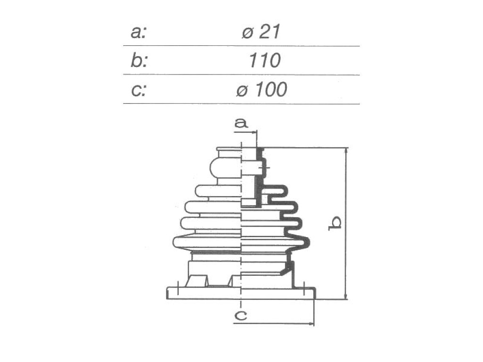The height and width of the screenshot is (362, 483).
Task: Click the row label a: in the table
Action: [x=139, y=32]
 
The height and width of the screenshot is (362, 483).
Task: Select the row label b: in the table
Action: [x=139, y=60]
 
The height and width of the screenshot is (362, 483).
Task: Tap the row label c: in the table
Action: [x=138, y=90]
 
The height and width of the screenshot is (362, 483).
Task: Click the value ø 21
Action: [x=261, y=32]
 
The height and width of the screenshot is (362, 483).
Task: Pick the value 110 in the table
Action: [x=265, y=60]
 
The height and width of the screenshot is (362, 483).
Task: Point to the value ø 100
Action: [x=261, y=90]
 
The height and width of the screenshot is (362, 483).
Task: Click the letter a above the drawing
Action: [x=241, y=123]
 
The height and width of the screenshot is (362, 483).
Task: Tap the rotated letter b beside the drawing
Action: [x=334, y=223]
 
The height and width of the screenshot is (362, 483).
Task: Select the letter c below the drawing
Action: [x=241, y=315]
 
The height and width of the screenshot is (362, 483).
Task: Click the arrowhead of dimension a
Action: [x=254, y=132]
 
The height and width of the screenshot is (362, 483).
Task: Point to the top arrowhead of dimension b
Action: [x=346, y=151]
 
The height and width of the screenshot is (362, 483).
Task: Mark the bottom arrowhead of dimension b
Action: [x=346, y=296]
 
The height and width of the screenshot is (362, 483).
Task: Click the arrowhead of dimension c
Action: [x=311, y=323]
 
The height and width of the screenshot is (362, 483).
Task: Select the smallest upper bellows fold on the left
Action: [x=218, y=190]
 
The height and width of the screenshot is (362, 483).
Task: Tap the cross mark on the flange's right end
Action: [x=304, y=289]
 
